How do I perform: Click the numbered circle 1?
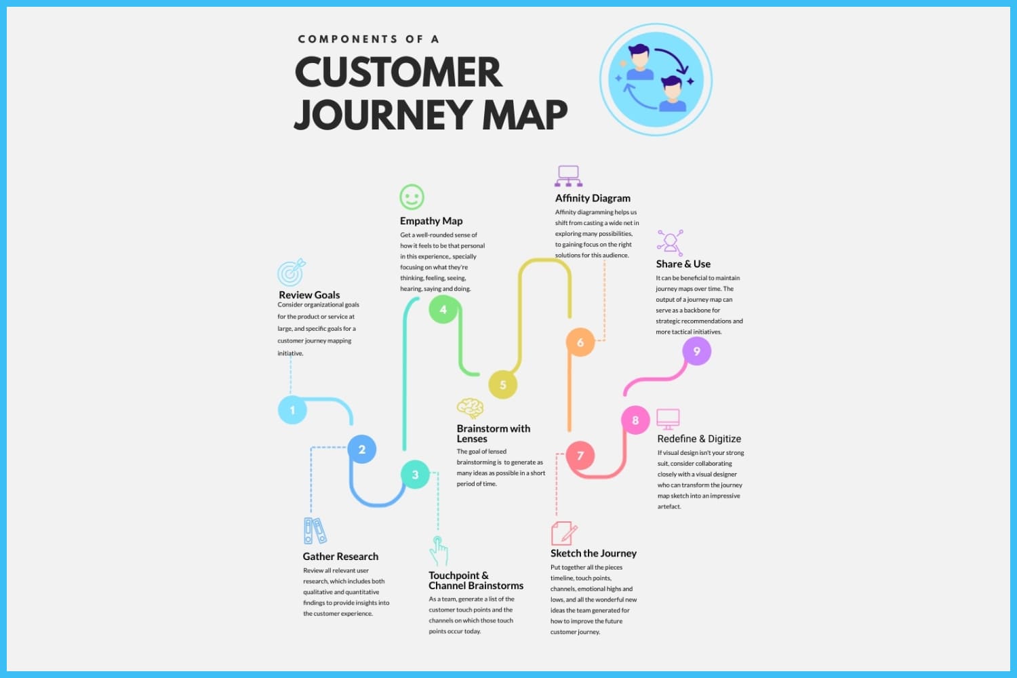pyautogui.click(x=292, y=410)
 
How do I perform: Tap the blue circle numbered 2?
pyautogui.click(x=362, y=449)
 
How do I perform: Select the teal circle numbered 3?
pyautogui.click(x=415, y=475)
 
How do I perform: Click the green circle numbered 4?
pyautogui.click(x=443, y=309)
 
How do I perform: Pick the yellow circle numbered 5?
pyautogui.click(x=502, y=384)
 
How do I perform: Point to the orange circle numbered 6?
pyautogui.click(x=580, y=342)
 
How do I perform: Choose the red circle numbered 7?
pyautogui.click(x=580, y=456)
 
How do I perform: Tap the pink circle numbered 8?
pyautogui.click(x=635, y=420)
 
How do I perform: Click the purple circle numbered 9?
pyautogui.click(x=696, y=351)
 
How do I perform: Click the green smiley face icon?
pyautogui.click(x=412, y=197)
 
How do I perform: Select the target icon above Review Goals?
pyautogui.click(x=292, y=273)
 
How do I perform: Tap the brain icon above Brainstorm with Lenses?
pyautogui.click(x=470, y=408)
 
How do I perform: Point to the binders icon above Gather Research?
pyautogui.click(x=315, y=531)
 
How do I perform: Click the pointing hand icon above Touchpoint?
pyautogui.click(x=439, y=551)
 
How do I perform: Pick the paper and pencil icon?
pyautogui.click(x=564, y=534)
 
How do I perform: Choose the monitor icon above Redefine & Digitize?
pyautogui.click(x=668, y=419)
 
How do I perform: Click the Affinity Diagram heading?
pyautogui.click(x=593, y=198)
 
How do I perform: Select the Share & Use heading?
pyautogui.click(x=683, y=264)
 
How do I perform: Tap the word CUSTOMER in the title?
pyautogui.click(x=399, y=72)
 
